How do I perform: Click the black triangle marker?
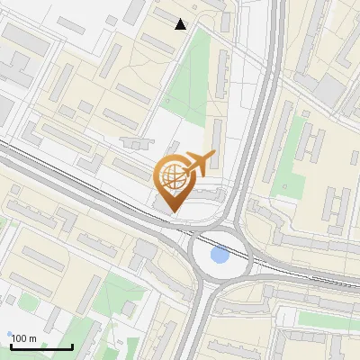point(181,24)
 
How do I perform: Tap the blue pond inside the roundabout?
point(219,256)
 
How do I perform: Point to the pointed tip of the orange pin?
point(171,212)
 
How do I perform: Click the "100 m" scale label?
point(24,338)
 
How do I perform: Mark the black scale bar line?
point(41,346)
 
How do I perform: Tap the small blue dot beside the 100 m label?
point(10,335)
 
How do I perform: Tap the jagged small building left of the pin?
point(136,143)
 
